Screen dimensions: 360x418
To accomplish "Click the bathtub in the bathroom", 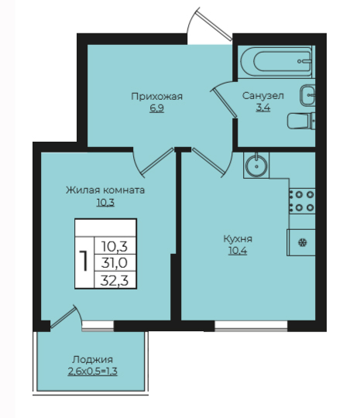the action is coord(276,62).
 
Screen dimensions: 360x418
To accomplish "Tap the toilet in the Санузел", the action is coord(301,122).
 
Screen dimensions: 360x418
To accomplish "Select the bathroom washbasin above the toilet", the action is coord(307,95).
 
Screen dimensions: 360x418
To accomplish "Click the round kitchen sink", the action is coord(256,166).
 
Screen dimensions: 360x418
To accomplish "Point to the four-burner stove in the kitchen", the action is coord(303,201).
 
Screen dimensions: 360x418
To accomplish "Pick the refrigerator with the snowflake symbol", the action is coord(301,242).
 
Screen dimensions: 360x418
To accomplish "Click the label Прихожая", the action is coord(157,97).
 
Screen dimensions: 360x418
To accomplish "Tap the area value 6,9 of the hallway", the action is coord(157,109).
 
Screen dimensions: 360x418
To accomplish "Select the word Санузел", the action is coord(263,96).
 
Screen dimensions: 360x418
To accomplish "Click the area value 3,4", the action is coord(263,108).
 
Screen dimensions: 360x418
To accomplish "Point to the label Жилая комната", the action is coord(105,190).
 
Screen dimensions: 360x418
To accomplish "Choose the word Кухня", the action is coord(238,239).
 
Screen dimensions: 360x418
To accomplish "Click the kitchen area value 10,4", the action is coord(238,251).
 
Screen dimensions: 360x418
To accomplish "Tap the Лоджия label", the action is coord(93,360).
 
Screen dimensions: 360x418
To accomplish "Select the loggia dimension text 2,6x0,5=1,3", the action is coord(93,372).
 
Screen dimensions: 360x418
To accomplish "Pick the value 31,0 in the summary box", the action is coord(115,263).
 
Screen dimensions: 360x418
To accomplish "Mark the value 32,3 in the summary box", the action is coord(115,280).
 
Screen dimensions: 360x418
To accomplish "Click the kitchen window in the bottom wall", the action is coord(251,326).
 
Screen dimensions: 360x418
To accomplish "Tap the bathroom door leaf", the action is coord(224,103).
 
